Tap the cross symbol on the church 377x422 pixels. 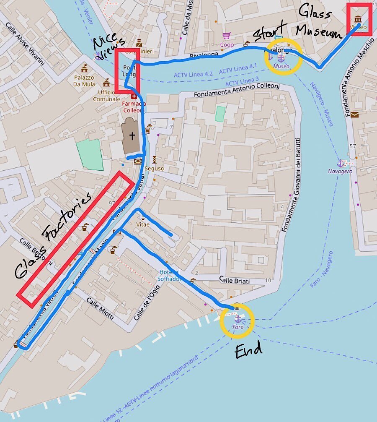(x=132, y=135)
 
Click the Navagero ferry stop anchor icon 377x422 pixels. (x=340, y=163)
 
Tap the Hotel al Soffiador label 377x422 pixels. (x=169, y=275)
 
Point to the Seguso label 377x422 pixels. (x=154, y=169)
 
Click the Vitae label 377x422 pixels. (x=143, y=224)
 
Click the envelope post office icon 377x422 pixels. (x=355, y=115)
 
